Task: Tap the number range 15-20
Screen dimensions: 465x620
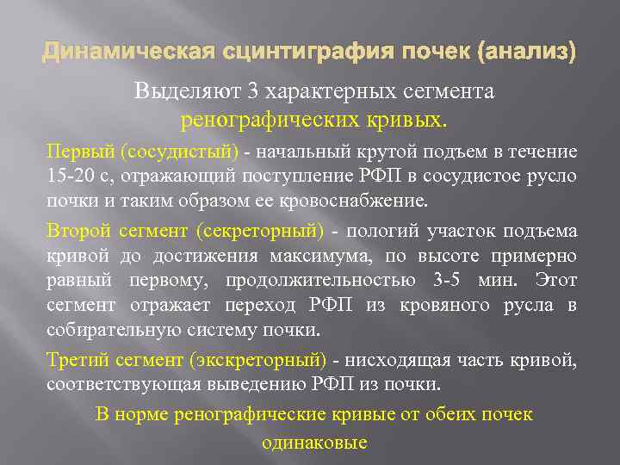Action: (67, 177)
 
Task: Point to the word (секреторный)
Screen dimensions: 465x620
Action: (260, 231)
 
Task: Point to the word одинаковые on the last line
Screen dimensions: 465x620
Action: (313, 443)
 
